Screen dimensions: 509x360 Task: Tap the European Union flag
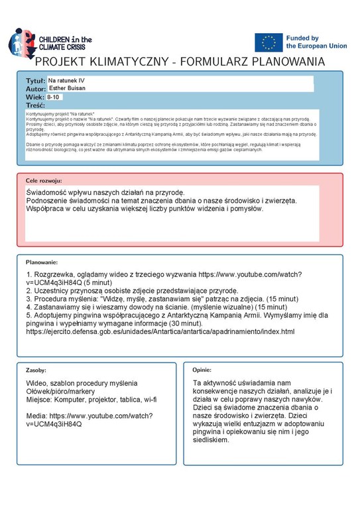(268, 42)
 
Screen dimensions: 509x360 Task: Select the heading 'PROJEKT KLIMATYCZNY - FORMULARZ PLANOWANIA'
(180, 62)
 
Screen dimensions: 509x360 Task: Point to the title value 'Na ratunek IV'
(67, 80)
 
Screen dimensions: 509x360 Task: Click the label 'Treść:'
(35, 105)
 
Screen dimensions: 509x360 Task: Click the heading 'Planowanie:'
(42, 262)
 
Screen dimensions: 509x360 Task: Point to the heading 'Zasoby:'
(36, 370)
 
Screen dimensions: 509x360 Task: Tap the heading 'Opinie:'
(202, 370)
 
